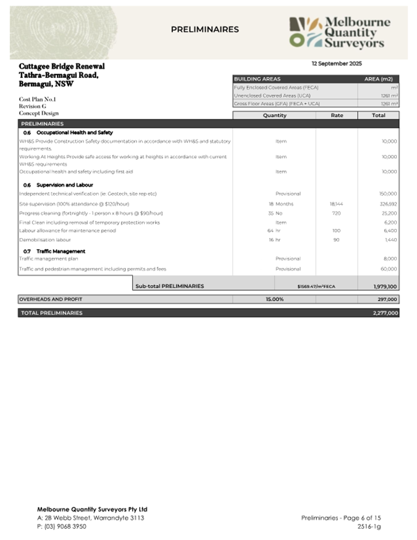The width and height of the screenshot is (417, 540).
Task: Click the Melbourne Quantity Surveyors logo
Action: click(x=340, y=33)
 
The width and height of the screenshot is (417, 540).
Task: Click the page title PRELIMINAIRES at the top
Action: click(x=204, y=29)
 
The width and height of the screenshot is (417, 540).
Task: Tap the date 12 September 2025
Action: click(x=337, y=64)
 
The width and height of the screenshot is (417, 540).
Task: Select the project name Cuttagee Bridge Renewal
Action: click(x=62, y=66)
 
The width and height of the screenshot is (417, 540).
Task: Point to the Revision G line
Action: click(x=33, y=106)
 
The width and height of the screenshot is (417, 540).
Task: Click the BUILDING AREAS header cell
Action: click(x=257, y=79)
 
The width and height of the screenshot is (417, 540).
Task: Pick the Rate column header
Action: click(x=337, y=115)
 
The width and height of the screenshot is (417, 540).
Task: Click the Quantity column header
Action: click(x=274, y=115)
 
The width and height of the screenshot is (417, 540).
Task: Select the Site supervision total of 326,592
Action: click(x=388, y=204)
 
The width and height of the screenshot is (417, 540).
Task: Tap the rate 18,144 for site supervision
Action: click(x=335, y=204)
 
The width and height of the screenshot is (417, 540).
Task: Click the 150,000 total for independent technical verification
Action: click(x=388, y=194)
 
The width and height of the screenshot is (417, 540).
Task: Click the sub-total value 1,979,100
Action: click(x=385, y=286)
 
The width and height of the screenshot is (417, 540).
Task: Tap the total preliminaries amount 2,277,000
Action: click(x=385, y=313)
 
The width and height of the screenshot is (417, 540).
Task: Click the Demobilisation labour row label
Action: click(x=45, y=239)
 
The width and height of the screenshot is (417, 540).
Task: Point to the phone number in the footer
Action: click(x=62, y=526)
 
